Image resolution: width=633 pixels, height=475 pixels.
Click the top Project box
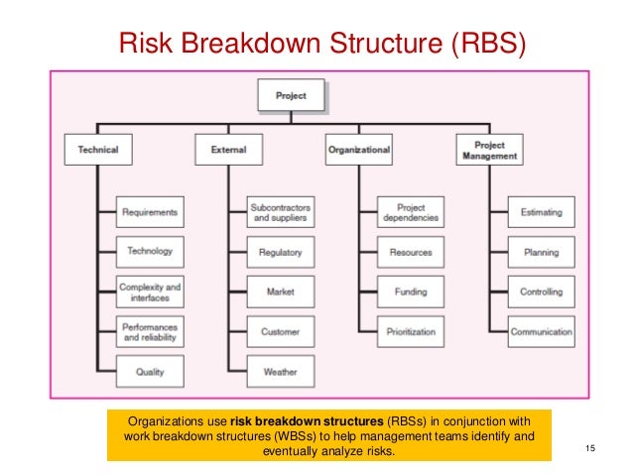point(291,96)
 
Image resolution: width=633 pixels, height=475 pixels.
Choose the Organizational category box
point(358,150)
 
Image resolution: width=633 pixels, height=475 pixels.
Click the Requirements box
point(150,212)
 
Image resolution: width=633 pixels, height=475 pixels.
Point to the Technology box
point(150,252)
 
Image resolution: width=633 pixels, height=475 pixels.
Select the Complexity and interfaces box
point(150,292)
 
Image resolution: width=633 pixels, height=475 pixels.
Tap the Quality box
point(150,372)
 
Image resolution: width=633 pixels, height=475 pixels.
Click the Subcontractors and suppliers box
point(281,212)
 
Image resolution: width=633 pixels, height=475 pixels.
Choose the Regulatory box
point(281,252)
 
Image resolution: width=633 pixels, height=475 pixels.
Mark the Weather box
point(281,372)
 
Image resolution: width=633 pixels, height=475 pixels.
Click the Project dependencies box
point(411,212)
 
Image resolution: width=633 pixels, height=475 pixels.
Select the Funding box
point(411,292)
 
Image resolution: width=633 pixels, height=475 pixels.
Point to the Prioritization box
point(411,331)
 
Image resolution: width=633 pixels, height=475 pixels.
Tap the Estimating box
point(542,212)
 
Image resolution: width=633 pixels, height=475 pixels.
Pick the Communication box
point(542,331)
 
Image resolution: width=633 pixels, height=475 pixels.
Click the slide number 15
point(590,451)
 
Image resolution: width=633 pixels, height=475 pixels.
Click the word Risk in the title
point(142,45)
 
